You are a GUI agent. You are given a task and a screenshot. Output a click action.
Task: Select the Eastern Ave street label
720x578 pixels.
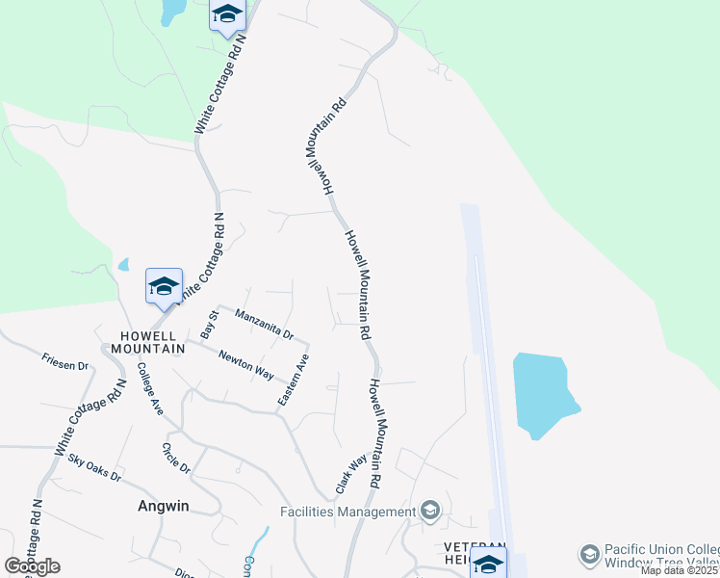[295, 379]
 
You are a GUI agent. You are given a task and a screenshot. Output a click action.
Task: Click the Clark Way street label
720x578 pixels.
[350, 476]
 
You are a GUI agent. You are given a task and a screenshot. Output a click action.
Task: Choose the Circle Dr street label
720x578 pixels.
[177, 458]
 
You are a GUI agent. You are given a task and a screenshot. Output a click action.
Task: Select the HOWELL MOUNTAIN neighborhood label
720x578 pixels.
[147, 342]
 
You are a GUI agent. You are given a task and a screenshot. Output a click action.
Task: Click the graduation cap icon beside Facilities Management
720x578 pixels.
[430, 512]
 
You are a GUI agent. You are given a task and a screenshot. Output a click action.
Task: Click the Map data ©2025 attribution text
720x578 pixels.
[679, 570]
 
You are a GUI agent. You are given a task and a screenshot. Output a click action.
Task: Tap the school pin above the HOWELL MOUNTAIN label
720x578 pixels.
[164, 286]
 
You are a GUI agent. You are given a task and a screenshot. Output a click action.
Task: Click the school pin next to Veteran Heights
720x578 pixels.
[488, 565]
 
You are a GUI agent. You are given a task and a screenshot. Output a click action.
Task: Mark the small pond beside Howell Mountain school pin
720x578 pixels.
[123, 264]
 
